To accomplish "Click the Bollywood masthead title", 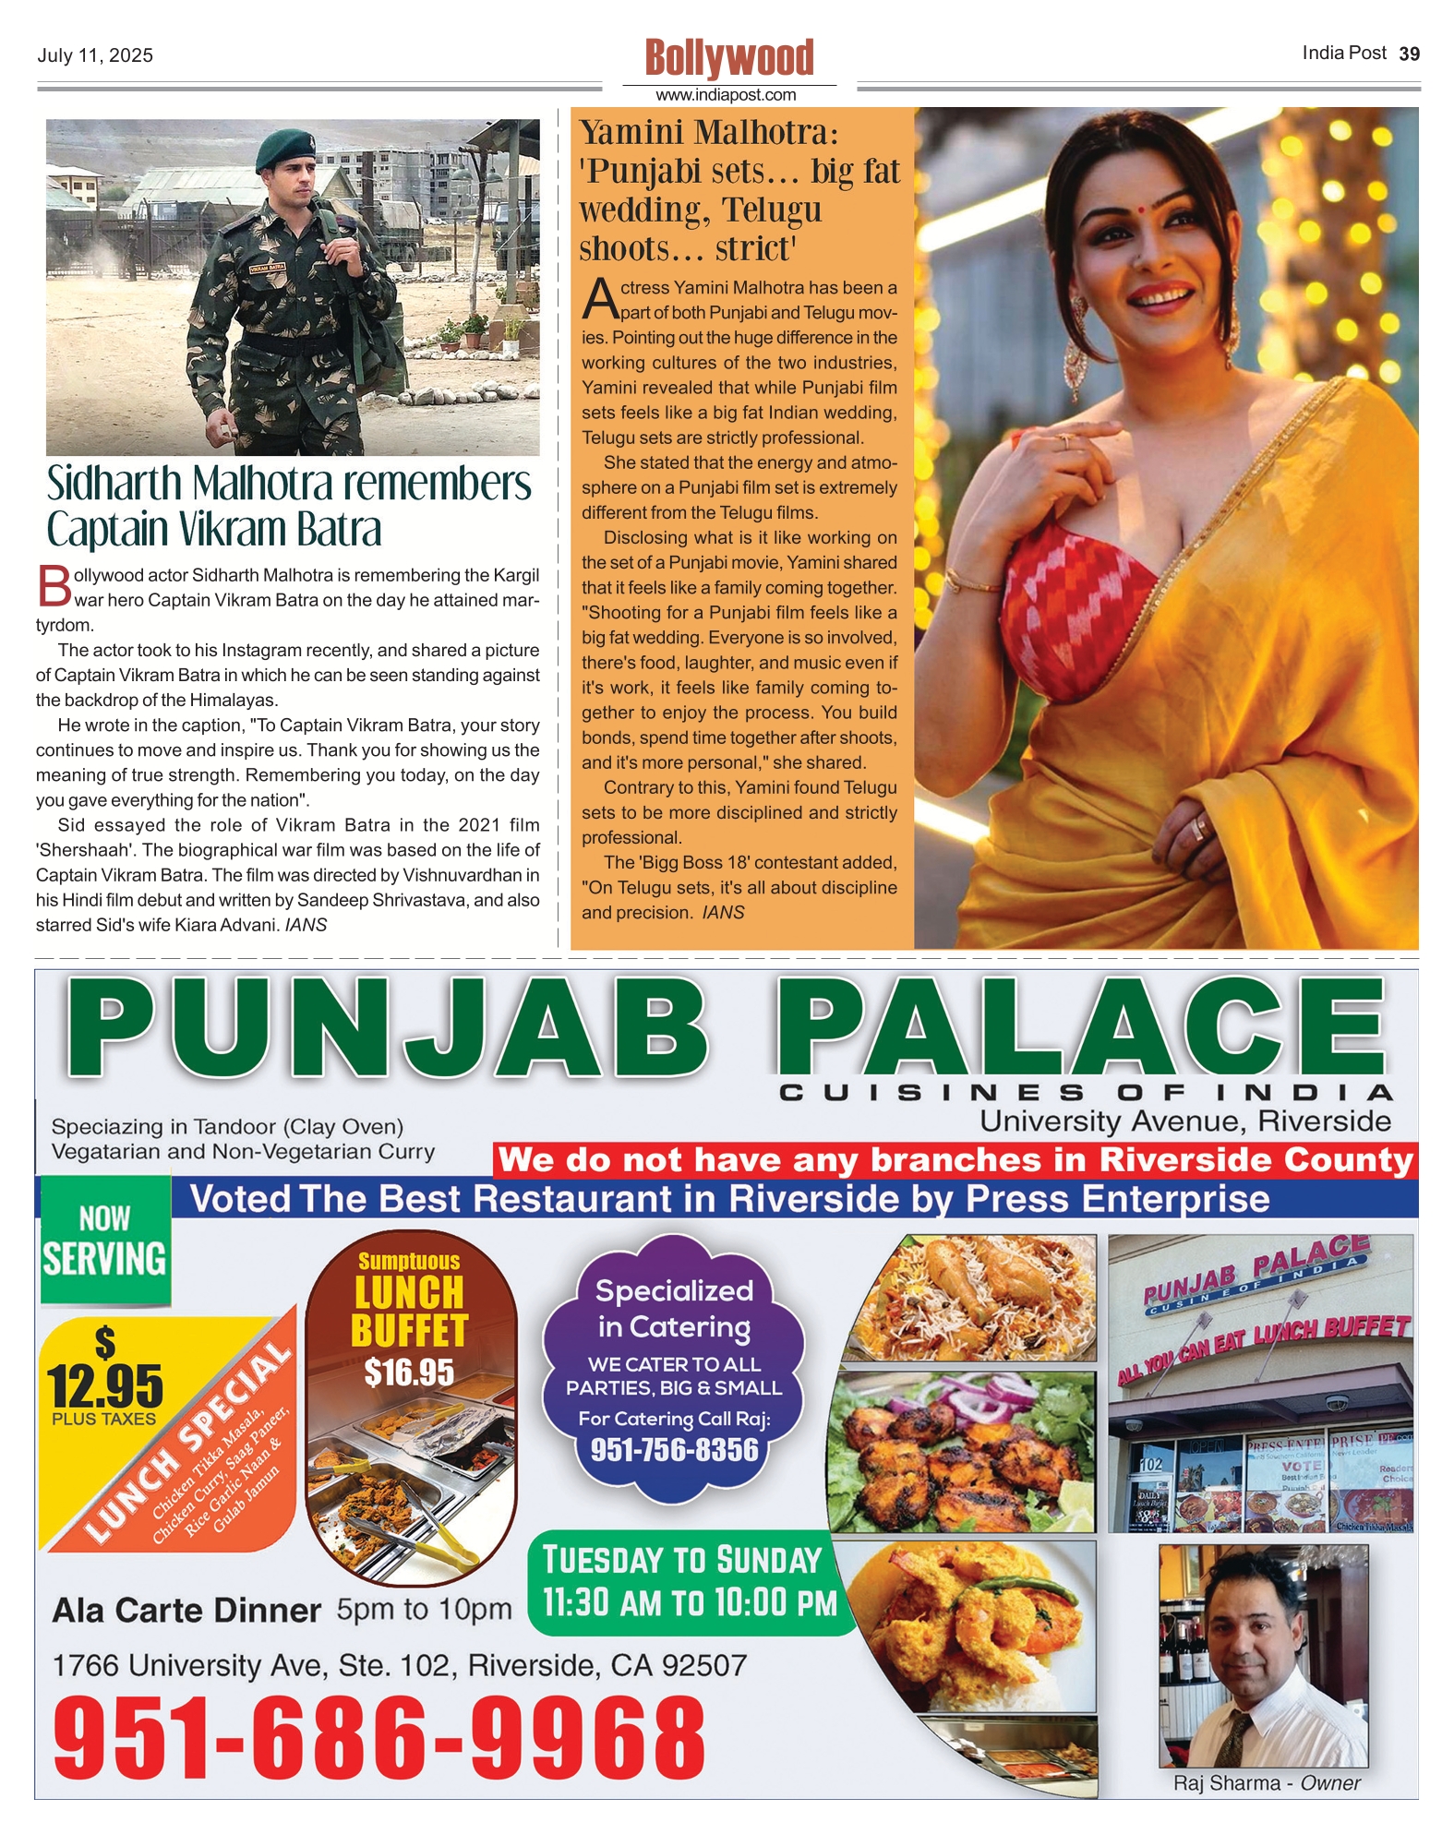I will point(729,58).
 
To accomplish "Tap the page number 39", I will point(1409,54).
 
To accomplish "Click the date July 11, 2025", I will point(95,55).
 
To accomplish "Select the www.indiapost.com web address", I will point(726,95).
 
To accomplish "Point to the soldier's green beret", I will point(284,149).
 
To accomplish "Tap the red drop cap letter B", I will point(54,585).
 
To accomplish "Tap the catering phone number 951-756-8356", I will point(674,1450).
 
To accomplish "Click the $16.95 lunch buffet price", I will point(409,1373).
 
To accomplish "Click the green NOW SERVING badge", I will point(105,1241).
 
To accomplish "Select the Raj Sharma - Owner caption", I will point(1266,1783).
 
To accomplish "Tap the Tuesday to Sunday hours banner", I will point(690,1582).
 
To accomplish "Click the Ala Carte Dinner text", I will point(186,1611).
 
